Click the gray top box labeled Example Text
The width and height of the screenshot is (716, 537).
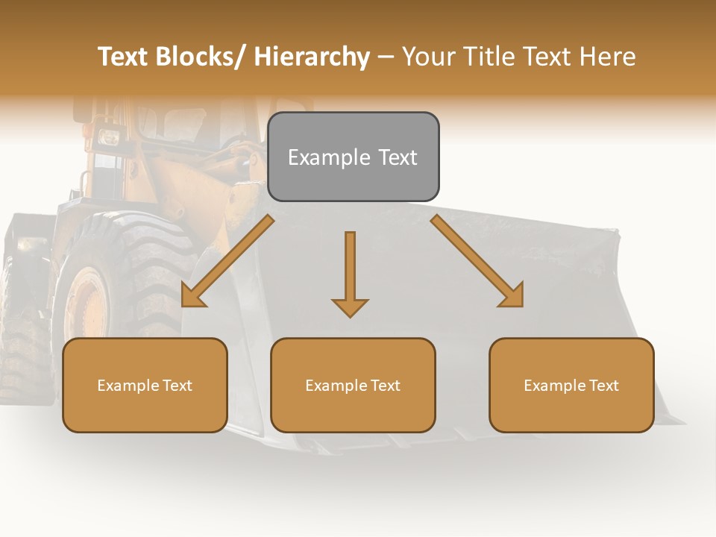[353, 157]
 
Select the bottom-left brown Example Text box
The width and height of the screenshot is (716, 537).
[145, 385]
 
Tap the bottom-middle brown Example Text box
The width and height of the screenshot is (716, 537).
[353, 385]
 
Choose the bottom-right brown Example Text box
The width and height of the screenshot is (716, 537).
[571, 385]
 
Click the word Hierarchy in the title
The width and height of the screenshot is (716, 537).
[312, 57]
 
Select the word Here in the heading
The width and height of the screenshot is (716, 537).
[608, 57]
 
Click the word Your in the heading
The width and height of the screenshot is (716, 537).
[427, 57]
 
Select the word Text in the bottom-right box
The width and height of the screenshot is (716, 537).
[603, 385]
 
